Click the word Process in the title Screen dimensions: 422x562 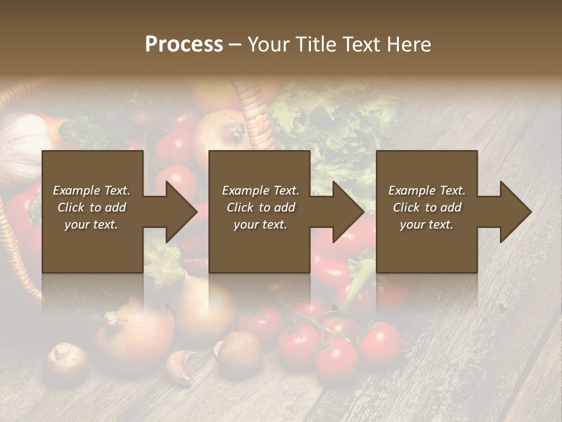click(x=184, y=44)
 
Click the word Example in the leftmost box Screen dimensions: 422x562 click(x=77, y=190)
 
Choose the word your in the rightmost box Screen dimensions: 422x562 click(x=413, y=224)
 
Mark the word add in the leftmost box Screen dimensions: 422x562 click(x=115, y=207)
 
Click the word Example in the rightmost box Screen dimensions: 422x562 click(x=410, y=190)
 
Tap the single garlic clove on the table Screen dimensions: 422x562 click(x=180, y=365)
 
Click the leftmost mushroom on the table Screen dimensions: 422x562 click(x=66, y=359)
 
